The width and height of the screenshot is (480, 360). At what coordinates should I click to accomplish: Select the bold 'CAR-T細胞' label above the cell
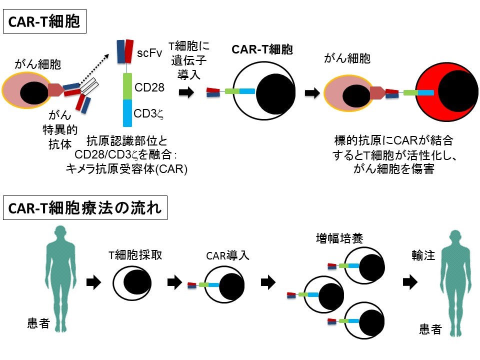coord(262,50)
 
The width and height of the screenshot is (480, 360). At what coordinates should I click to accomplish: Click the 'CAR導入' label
coord(227,257)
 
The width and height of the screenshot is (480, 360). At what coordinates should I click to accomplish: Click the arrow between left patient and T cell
coord(93,282)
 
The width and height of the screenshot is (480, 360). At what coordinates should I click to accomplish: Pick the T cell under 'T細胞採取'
coord(131,283)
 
